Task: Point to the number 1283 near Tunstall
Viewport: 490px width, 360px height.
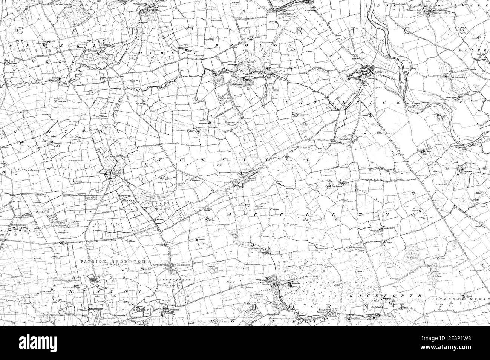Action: (x=220, y=165)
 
